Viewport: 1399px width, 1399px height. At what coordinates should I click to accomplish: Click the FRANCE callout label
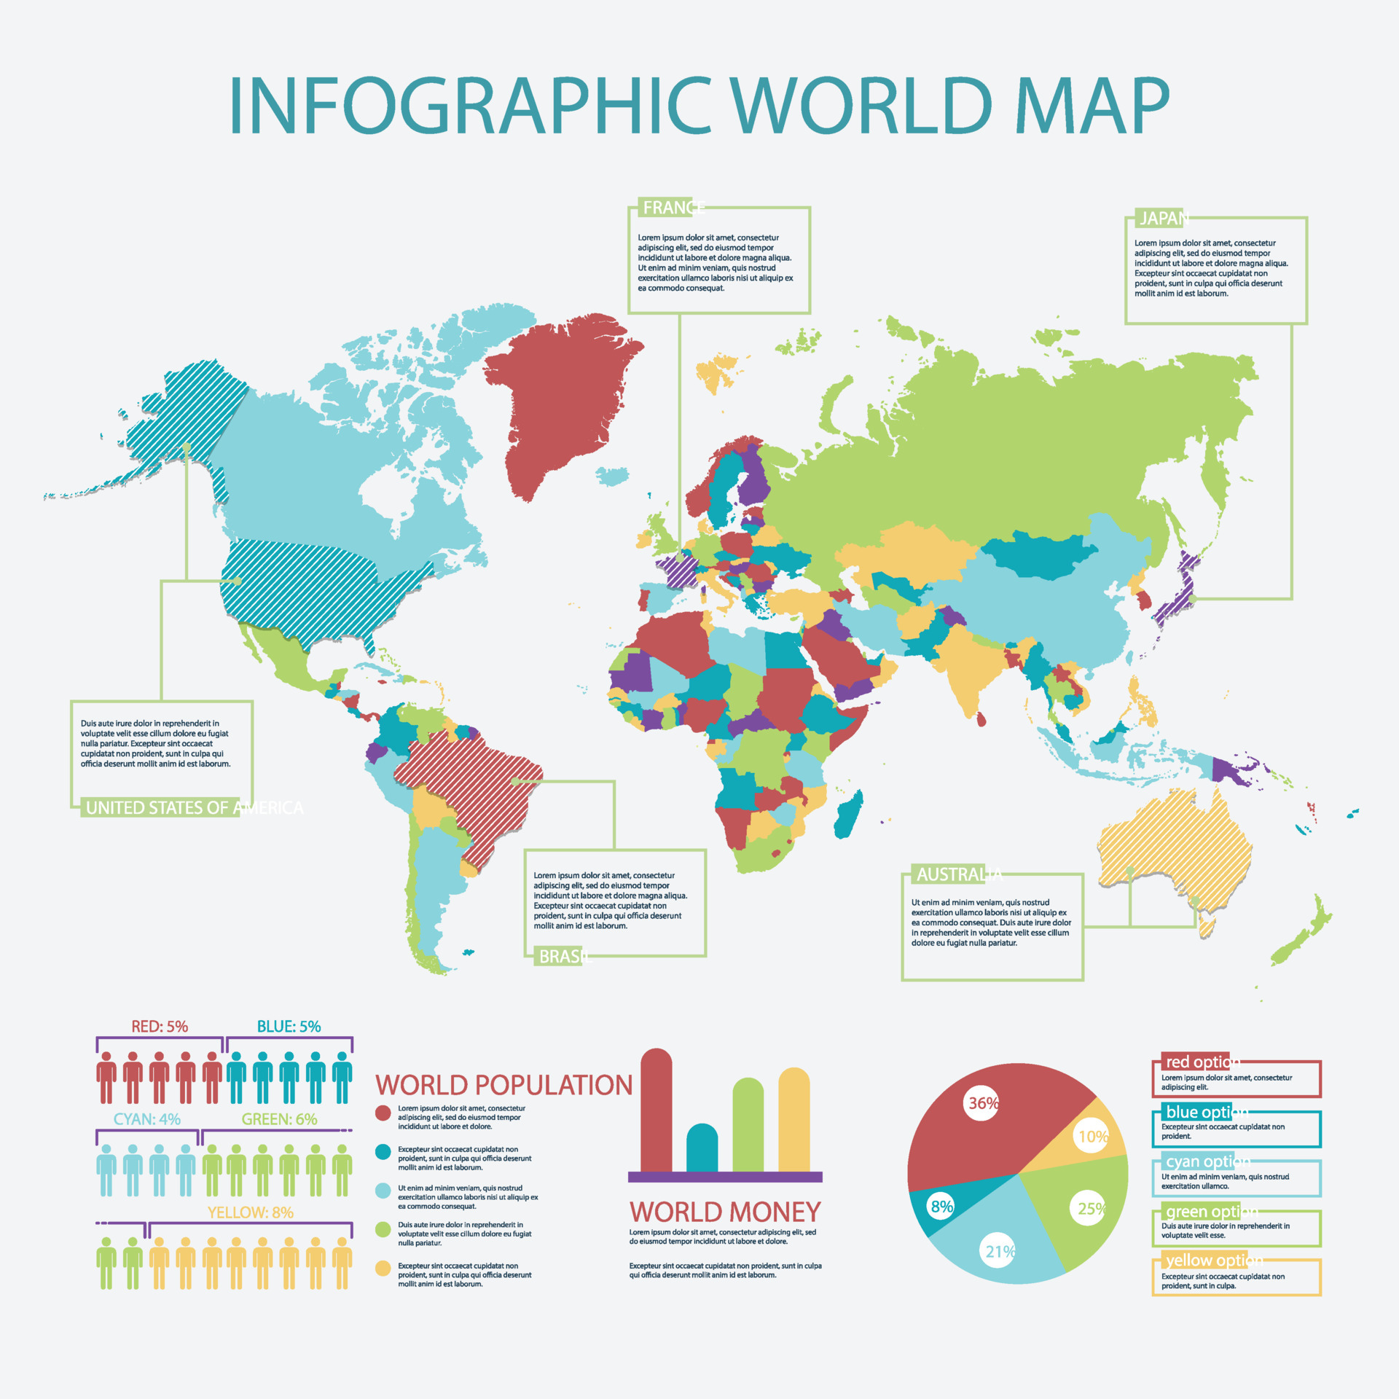pyautogui.click(x=673, y=208)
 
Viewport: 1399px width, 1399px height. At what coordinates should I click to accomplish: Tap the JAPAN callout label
pyautogui.click(x=1164, y=219)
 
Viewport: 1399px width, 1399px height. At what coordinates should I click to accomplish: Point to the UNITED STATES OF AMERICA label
pyautogui.click(x=194, y=807)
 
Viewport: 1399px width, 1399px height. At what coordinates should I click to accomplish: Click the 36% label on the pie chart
pyautogui.click(x=982, y=1103)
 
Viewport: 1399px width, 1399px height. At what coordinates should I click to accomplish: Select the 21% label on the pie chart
pyautogui.click(x=1000, y=1251)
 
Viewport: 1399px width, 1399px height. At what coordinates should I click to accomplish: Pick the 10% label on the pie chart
pyautogui.click(x=1093, y=1137)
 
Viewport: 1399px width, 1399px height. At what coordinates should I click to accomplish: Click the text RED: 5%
pyautogui.click(x=160, y=1027)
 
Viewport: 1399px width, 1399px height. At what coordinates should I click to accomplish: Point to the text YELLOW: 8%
pyautogui.click(x=250, y=1212)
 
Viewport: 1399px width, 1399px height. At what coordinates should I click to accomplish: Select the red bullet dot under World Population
pyautogui.click(x=383, y=1113)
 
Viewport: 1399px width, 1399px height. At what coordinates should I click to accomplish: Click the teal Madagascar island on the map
pyautogui.click(x=848, y=815)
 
